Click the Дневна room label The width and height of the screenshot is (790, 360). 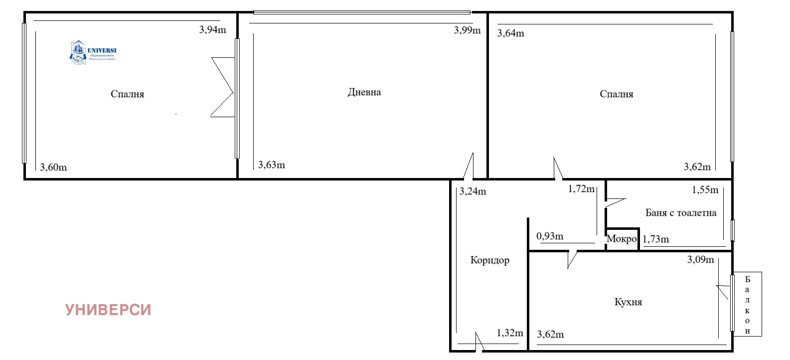(364, 92)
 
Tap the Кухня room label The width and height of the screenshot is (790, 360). (628, 302)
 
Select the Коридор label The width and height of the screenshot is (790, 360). (490, 260)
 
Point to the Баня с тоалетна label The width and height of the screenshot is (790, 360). (681, 213)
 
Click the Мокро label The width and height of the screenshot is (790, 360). (622, 239)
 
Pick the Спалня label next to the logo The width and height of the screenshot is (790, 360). (127, 94)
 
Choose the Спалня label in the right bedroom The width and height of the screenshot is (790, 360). (617, 94)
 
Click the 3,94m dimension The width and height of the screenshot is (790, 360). (212, 30)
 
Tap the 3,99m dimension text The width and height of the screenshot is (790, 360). (467, 30)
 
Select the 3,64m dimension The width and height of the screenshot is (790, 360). (511, 33)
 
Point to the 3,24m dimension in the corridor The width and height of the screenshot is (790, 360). (473, 191)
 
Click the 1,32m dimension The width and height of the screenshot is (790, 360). (510, 333)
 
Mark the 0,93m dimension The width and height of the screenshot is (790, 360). (550, 236)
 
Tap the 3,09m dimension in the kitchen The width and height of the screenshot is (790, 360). (700, 259)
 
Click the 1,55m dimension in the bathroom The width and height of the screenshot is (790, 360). (705, 190)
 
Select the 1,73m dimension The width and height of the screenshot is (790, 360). (656, 239)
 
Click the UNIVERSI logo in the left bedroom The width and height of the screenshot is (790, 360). (93, 52)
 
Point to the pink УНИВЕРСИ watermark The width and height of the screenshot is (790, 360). (108, 310)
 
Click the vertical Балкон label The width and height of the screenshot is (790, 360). (747, 305)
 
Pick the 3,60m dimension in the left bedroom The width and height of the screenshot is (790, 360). (53, 168)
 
